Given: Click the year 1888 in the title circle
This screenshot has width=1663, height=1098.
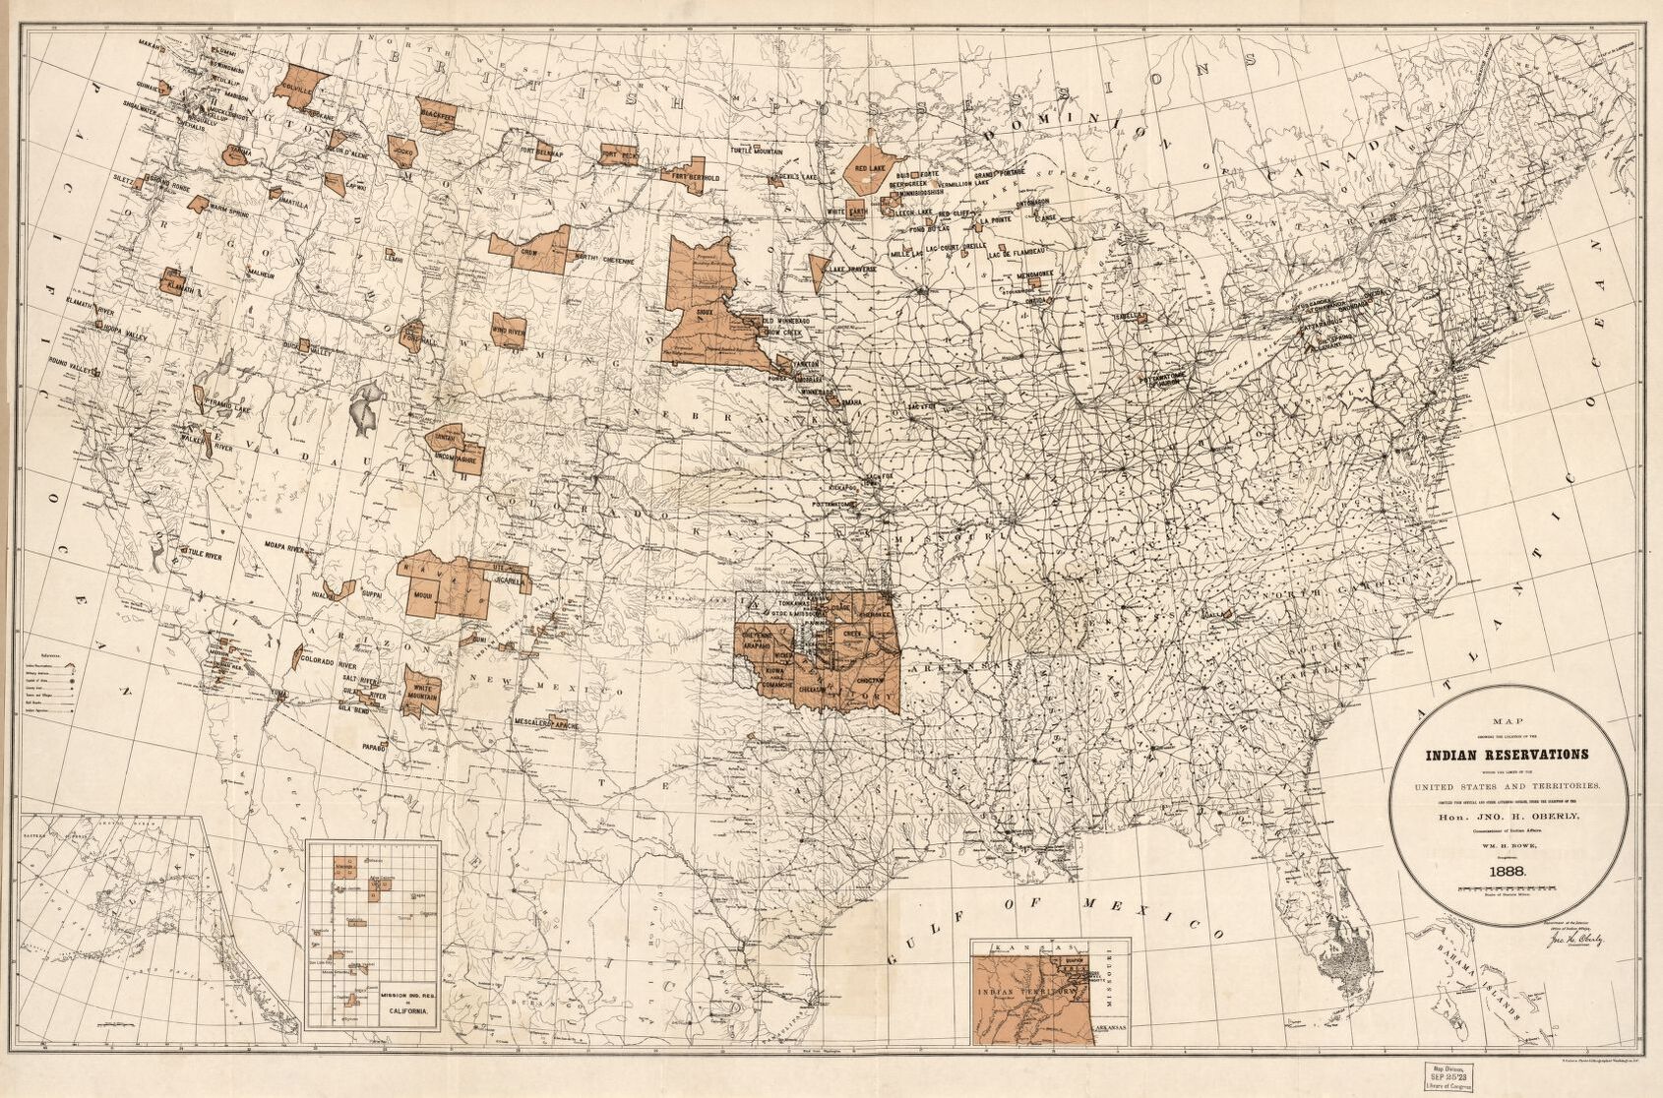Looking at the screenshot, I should tap(1508, 869).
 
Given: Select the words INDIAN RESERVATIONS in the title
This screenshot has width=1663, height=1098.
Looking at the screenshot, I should tap(1508, 756).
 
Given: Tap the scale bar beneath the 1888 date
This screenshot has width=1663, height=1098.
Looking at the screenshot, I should tap(1508, 887).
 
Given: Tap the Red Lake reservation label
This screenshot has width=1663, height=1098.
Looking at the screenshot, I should tap(872, 168).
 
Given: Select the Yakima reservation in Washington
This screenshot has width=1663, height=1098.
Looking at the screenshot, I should tap(237, 153).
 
